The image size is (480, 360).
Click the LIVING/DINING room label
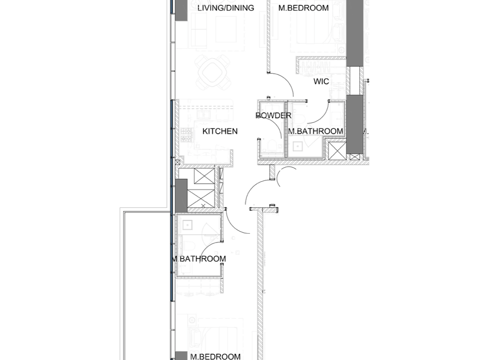tap(226, 8)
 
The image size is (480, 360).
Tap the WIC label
tap(321, 81)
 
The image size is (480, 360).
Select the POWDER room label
tap(273, 116)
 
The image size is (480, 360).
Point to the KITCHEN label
tap(220, 131)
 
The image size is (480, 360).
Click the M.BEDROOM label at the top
tap(303, 8)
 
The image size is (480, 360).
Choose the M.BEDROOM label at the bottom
tap(215, 356)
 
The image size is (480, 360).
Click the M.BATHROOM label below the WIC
tap(316, 131)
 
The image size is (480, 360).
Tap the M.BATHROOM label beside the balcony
tap(199, 259)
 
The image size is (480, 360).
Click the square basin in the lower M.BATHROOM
tap(188, 224)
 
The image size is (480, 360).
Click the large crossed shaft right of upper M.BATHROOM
tap(337, 150)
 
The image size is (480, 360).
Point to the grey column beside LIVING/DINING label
tap(181, 10)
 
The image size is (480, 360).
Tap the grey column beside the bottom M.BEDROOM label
tap(181, 355)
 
